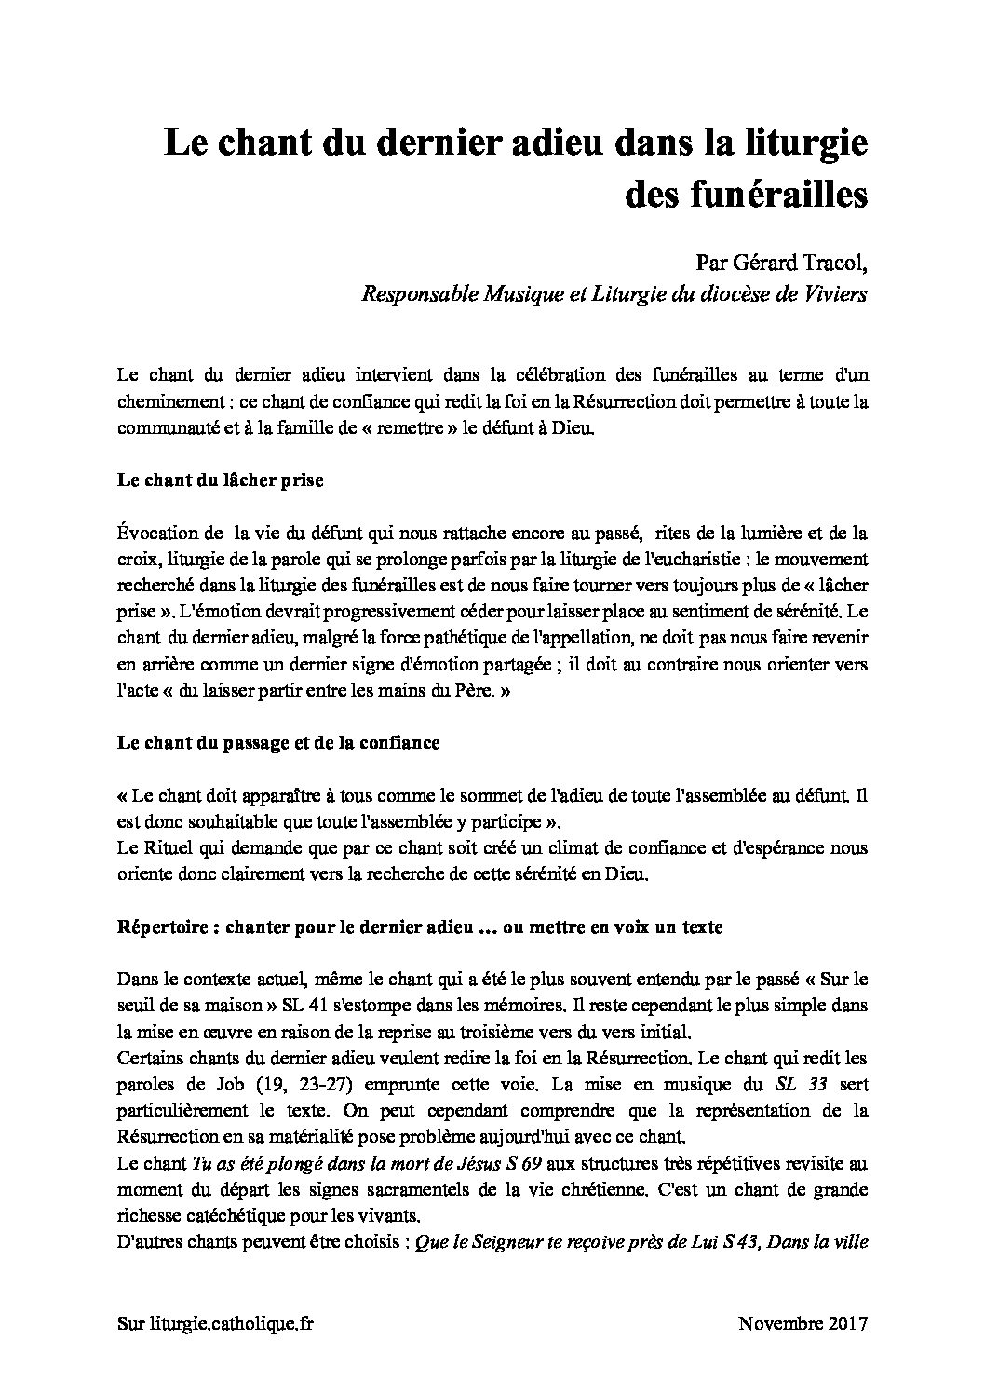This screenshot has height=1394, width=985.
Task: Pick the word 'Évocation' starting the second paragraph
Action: click(158, 534)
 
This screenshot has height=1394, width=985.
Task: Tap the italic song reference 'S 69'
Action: click(524, 1163)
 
